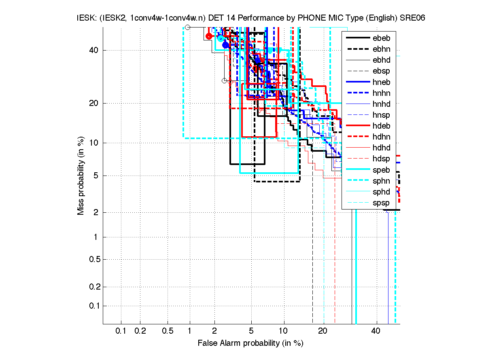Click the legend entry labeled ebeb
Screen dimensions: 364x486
click(x=382, y=38)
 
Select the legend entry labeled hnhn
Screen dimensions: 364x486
click(x=382, y=93)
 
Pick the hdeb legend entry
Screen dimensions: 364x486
click(x=382, y=126)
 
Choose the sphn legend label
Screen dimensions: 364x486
click(x=382, y=180)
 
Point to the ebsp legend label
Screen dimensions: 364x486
click(x=382, y=71)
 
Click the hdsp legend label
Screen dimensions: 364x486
click(x=382, y=159)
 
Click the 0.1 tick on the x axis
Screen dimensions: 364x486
click(x=121, y=331)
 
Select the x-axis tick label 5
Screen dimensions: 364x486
click(x=251, y=331)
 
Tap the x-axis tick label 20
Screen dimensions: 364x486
click(x=323, y=331)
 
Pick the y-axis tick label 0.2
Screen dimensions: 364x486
click(x=93, y=287)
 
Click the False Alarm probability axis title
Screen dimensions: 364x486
click(x=250, y=343)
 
